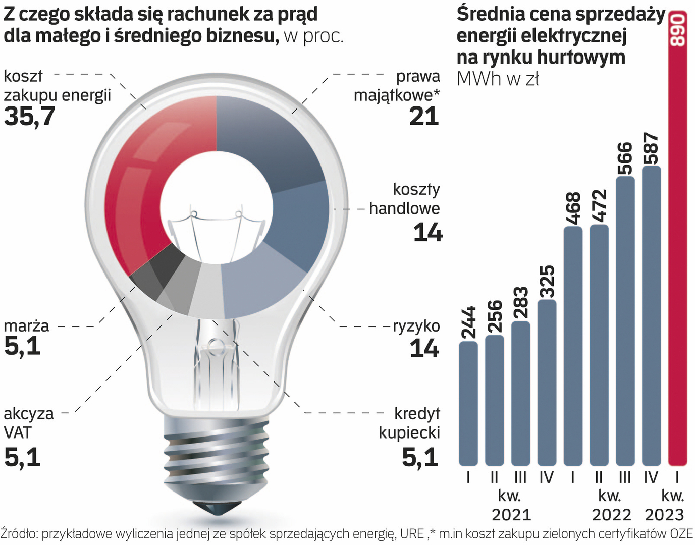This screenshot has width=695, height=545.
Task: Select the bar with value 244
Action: [x=468, y=404]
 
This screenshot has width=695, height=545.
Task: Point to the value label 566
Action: [x=625, y=158]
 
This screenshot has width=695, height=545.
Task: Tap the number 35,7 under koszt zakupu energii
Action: [x=29, y=117]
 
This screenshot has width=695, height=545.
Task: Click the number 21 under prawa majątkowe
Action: [x=424, y=117]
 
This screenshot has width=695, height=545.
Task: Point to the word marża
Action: [x=26, y=326]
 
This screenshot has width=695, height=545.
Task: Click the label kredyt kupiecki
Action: [x=410, y=423]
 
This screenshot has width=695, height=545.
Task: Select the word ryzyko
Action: [x=416, y=326]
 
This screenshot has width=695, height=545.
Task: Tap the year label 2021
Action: [x=511, y=515]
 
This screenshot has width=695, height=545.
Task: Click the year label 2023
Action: [x=664, y=515]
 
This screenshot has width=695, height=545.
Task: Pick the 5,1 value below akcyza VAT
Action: [x=22, y=457]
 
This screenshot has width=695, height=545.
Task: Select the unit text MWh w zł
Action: [x=498, y=79]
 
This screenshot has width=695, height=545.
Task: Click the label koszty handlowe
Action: [x=405, y=199]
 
